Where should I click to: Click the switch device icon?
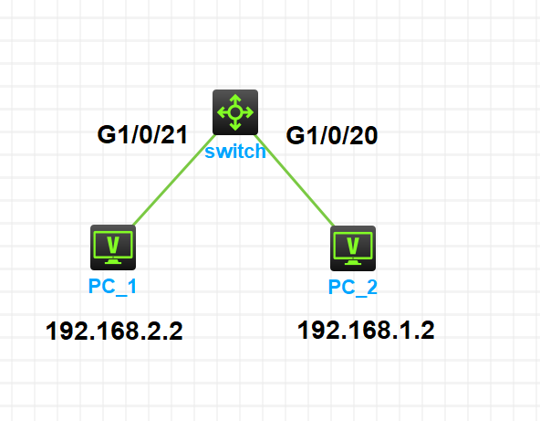point(235,112)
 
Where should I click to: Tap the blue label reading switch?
point(235,152)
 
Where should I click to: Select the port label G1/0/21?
point(142,135)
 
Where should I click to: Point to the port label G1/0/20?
point(332,136)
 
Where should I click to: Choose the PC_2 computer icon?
point(352,247)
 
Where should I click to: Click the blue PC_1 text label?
point(113,287)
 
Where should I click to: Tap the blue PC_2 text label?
point(352,288)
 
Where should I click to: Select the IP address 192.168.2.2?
point(115,331)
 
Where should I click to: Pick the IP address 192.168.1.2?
point(366,330)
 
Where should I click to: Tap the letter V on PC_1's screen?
point(113,244)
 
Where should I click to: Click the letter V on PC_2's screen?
point(352,245)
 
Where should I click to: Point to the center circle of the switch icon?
point(235,112)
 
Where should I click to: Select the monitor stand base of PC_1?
point(113,263)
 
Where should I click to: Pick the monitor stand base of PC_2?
point(352,264)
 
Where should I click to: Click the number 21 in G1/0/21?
point(174,135)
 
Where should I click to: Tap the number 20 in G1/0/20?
point(364,136)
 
